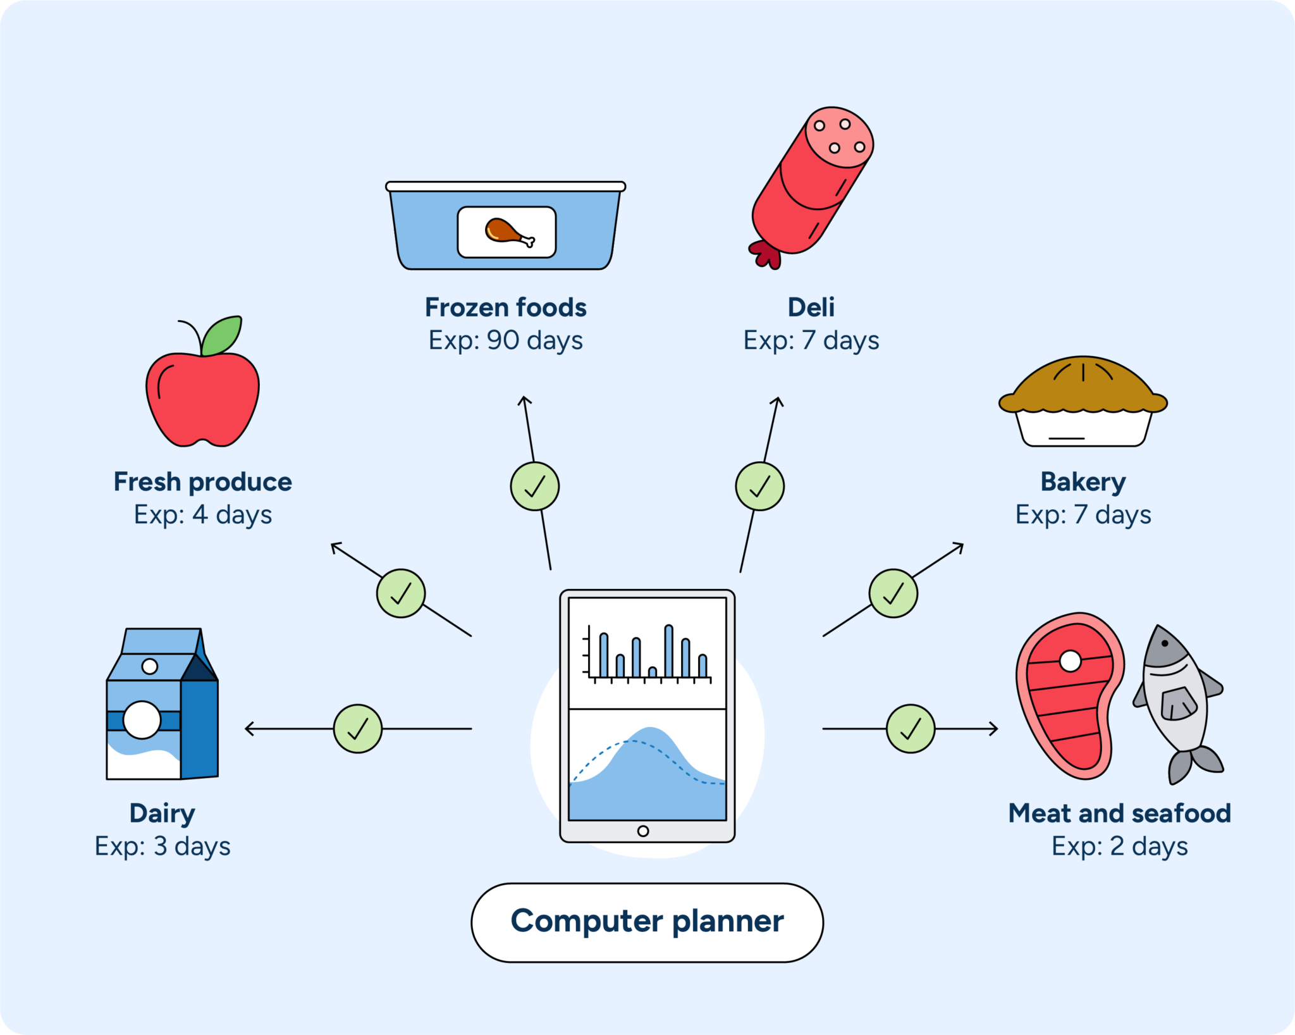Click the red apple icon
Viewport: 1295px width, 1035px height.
click(x=202, y=399)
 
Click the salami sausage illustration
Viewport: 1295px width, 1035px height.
click(x=813, y=183)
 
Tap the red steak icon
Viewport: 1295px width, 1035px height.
click(x=1069, y=696)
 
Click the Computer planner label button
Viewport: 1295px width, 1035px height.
click(x=647, y=922)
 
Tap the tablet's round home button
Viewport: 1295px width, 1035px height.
click(x=643, y=831)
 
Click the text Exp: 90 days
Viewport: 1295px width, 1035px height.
click(x=505, y=340)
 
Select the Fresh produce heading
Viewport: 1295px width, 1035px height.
click(x=202, y=482)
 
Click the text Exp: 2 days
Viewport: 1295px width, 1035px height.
click(x=1119, y=846)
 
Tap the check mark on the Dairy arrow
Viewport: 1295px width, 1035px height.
click(x=358, y=729)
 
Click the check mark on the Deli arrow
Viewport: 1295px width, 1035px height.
click(x=759, y=486)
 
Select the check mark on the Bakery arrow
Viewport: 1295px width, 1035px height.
click(x=893, y=593)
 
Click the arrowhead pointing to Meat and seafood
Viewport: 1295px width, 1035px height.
click(x=994, y=729)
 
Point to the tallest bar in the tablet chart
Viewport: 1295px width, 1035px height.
click(x=668, y=651)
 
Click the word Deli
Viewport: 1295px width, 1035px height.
click(x=811, y=307)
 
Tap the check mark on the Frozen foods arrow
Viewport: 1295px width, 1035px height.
click(x=535, y=486)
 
